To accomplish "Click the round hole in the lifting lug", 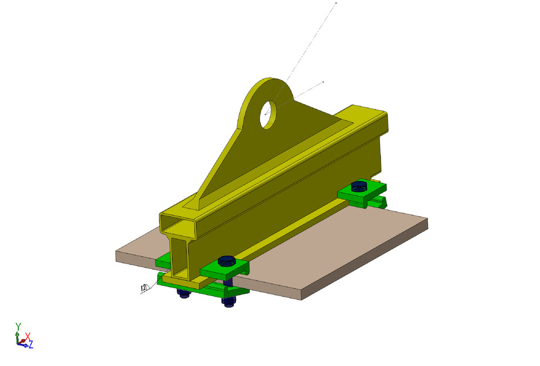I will tap(268, 114).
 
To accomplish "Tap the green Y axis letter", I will tap(18, 327).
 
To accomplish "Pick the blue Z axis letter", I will tap(31, 344).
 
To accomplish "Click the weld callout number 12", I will tap(143, 288).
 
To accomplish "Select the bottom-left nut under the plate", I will tap(183, 294).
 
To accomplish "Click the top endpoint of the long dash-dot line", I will tap(336, 3).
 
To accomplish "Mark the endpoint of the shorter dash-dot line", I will tap(323, 82).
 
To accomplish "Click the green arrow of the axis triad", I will tap(18, 335).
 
